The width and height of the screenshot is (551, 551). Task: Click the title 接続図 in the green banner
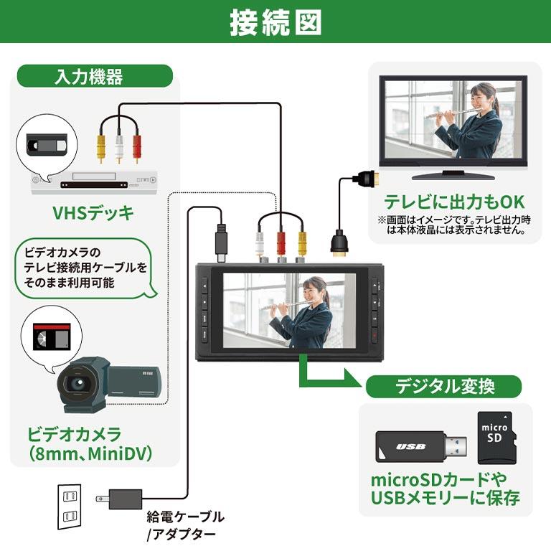click(275, 23)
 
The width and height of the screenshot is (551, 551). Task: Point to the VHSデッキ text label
click(93, 213)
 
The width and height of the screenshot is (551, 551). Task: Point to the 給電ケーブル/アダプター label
click(185, 524)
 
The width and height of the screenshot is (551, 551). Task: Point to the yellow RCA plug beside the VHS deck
click(102, 146)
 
